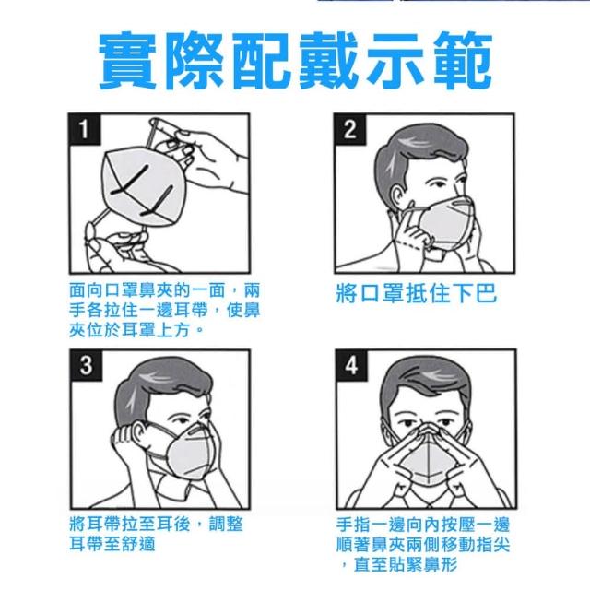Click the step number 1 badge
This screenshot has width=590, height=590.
point(85,129)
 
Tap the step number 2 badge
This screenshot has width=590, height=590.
point(350,129)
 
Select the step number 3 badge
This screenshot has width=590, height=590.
point(86,365)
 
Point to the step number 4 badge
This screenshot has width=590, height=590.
point(351,365)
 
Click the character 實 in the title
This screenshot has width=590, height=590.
point(127,61)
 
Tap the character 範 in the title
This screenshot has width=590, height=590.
point(463,61)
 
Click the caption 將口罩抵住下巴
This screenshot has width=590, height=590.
point(417,293)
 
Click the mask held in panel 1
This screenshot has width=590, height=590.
point(145,185)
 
